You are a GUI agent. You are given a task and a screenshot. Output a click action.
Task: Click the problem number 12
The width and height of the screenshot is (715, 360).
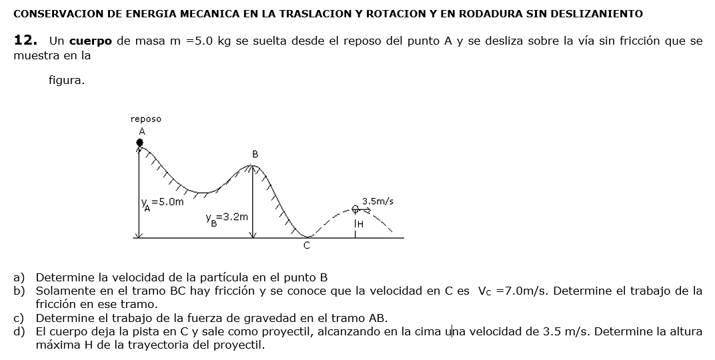point(25,41)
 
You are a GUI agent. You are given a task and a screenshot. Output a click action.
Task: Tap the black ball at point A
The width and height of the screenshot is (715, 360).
point(139,142)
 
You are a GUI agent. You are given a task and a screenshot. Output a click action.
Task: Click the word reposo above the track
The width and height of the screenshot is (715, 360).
point(145,119)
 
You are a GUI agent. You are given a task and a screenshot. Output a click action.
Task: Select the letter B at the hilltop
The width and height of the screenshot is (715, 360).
point(255,154)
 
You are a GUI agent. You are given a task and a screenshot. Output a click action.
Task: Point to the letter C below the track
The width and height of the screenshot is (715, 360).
point(307,245)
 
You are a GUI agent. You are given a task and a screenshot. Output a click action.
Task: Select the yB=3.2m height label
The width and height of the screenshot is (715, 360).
point(227,217)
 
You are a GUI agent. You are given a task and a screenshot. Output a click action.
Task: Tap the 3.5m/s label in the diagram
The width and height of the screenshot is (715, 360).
point(378,201)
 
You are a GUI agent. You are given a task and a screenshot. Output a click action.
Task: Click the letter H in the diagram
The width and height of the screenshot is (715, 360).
point(360,224)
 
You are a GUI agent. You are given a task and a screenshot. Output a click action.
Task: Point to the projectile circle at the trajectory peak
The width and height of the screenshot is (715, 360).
point(356,209)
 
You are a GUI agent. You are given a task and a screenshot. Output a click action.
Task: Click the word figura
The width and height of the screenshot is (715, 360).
point(67,81)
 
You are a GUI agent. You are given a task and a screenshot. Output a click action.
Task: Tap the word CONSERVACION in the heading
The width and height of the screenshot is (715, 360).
point(48,13)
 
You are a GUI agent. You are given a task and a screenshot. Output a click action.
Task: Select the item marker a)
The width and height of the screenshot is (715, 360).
point(19,277)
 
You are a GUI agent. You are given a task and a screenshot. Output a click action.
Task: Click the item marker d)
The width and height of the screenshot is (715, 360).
point(19,331)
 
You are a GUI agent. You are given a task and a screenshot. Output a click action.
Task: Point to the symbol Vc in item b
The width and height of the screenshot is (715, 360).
point(484,291)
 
